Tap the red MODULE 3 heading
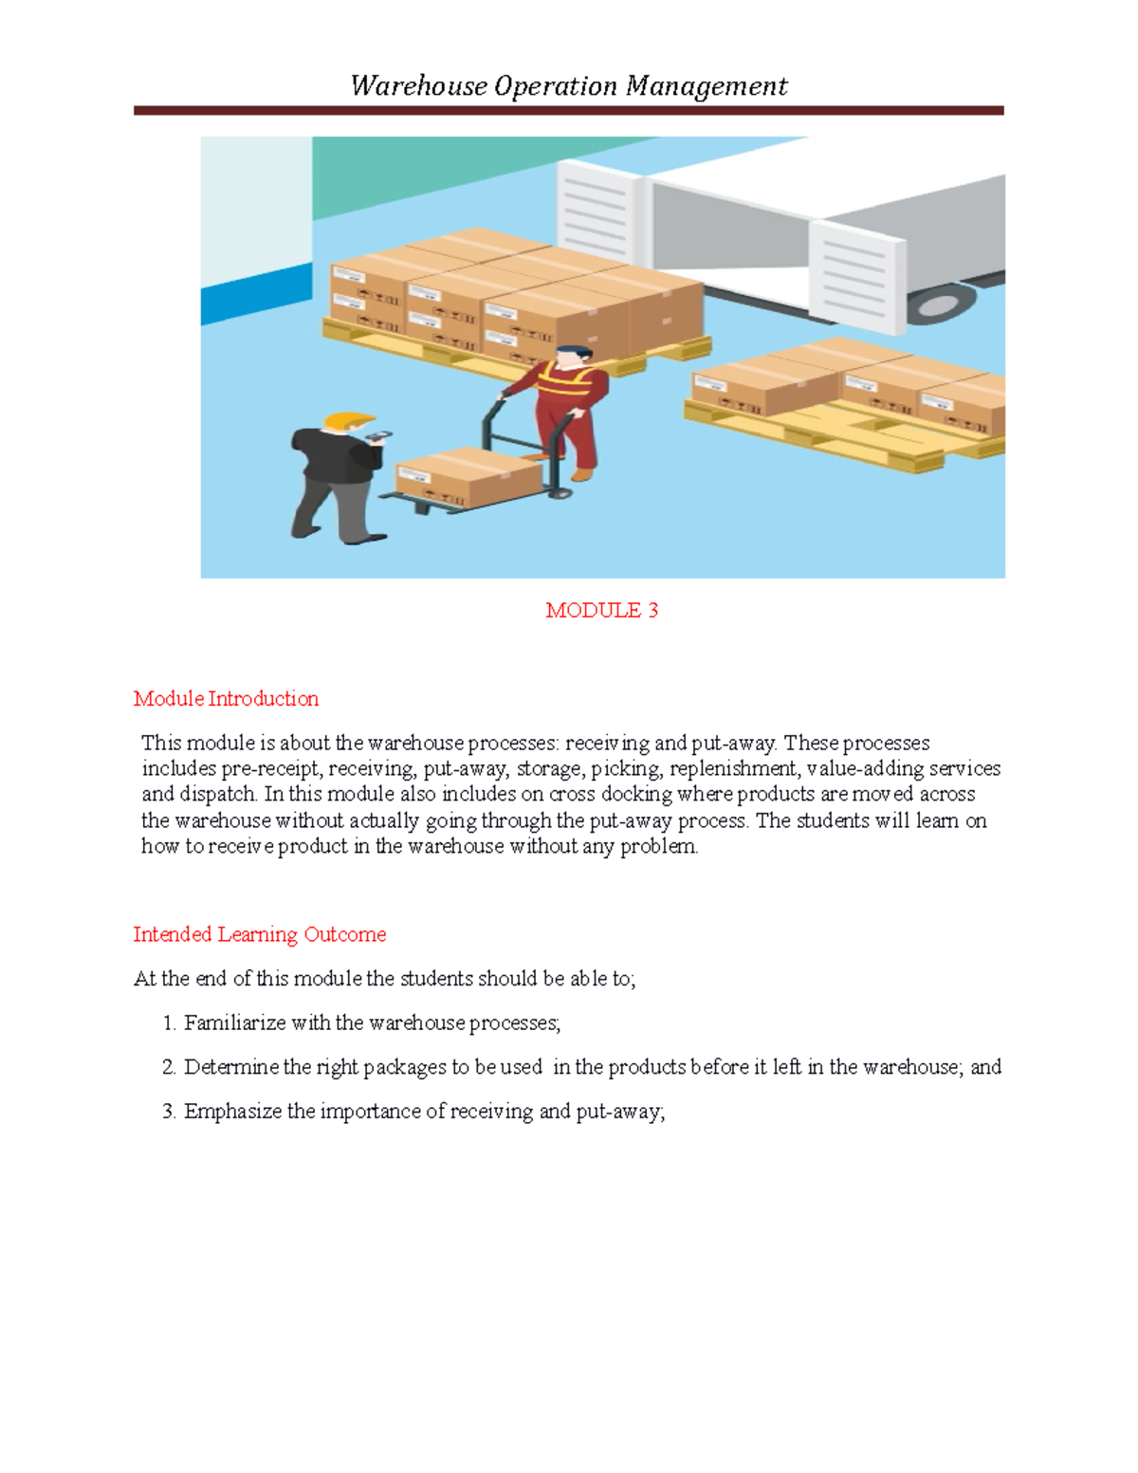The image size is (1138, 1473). (x=601, y=611)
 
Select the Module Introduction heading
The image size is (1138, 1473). (x=226, y=699)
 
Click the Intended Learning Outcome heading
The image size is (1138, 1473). (x=259, y=934)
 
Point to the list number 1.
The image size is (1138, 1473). (x=168, y=1023)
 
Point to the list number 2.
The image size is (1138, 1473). (x=168, y=1067)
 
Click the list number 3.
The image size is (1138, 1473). (x=168, y=1112)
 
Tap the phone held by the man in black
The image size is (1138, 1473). (x=379, y=437)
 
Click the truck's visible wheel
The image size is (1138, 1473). (x=939, y=304)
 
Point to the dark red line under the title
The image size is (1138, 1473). (x=568, y=111)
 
